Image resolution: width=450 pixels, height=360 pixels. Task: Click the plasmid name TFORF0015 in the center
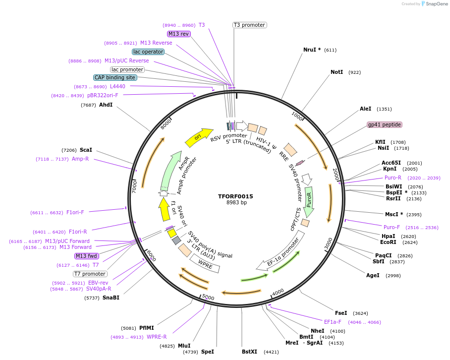[235, 196]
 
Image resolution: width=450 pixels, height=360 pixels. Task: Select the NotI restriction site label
[337, 72]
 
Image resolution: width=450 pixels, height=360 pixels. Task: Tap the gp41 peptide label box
[384, 124]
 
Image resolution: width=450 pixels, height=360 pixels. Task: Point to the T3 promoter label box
[249, 25]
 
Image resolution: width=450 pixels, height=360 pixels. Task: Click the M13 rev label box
[178, 34]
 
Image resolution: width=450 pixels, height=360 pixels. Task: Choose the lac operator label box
[148, 52]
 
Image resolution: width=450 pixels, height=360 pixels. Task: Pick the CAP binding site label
[115, 77]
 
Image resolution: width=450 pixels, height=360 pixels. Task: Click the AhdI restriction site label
[106, 105]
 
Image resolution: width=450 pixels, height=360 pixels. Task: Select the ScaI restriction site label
[86, 150]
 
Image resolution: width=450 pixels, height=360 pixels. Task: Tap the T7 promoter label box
[90, 274]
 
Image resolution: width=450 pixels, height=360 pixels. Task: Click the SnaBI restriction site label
[111, 298]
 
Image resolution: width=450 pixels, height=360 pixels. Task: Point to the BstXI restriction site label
[249, 352]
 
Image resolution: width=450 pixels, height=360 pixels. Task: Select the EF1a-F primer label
[333, 322]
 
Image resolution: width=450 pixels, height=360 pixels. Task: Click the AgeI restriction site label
[373, 275]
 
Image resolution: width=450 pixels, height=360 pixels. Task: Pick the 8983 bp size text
[236, 203]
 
